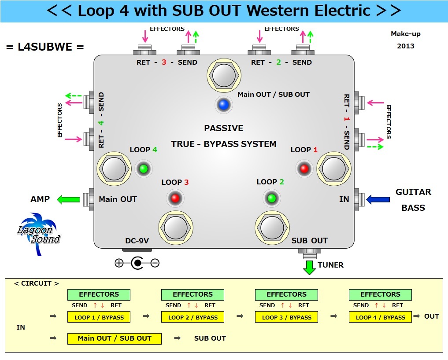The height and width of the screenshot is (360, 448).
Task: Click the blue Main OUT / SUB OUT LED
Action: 223,105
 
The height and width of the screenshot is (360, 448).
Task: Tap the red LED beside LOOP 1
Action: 304,168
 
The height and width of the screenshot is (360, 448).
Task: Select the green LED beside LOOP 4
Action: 143,168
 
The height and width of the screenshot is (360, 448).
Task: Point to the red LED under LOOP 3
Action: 175,198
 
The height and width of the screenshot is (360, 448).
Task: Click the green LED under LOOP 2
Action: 271,198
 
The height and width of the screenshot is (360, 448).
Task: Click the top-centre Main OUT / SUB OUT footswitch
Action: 224,75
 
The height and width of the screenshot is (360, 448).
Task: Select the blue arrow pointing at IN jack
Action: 378,200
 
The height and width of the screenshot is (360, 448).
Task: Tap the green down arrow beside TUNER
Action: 310,267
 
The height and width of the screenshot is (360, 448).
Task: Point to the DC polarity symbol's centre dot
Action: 137,263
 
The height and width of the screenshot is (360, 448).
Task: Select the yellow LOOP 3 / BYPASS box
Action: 286,317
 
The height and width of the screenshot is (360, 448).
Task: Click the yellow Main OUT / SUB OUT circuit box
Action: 114,338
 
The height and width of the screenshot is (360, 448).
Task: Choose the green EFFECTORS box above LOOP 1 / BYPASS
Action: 99,294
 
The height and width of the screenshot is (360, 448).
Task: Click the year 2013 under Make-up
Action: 405,46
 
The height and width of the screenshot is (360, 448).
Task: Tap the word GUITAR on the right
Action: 413,192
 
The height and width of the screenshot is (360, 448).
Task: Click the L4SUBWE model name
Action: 45,47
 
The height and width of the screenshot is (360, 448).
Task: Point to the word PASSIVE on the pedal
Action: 223,129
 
